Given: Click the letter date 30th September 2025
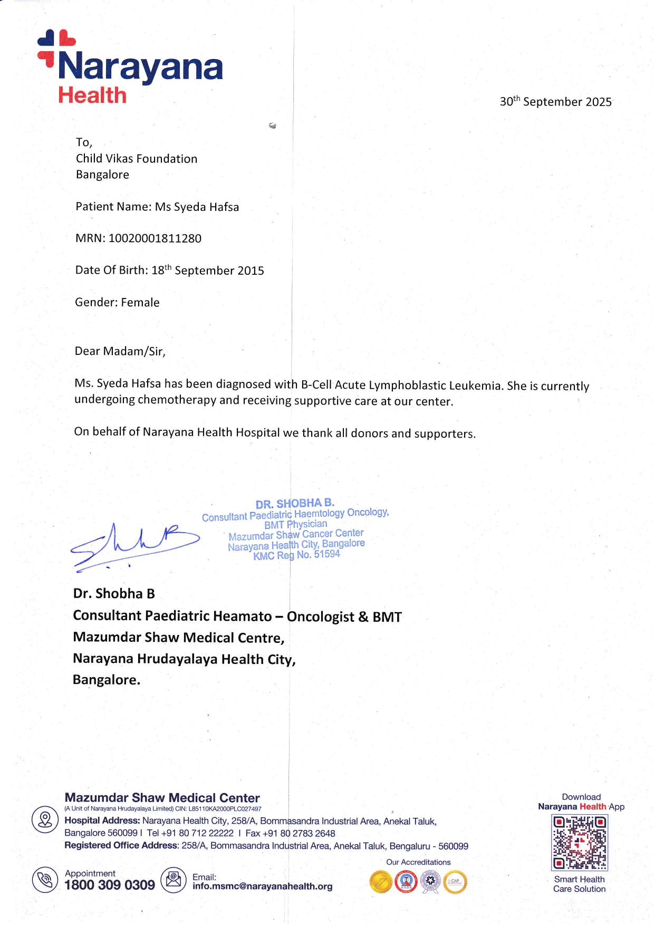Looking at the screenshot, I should (x=555, y=101).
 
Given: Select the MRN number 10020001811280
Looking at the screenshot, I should (x=155, y=238).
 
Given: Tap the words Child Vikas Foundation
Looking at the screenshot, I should (x=137, y=159).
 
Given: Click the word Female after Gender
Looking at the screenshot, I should (x=140, y=302).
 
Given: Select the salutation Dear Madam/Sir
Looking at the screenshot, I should (x=120, y=351).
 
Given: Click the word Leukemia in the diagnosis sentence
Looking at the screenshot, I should (x=475, y=386).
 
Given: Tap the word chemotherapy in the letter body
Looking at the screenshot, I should (x=177, y=400).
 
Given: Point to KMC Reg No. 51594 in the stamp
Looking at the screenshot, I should (x=296, y=555).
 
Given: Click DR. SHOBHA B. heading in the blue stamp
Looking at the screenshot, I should (x=295, y=504).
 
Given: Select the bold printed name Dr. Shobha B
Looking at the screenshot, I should (x=114, y=593).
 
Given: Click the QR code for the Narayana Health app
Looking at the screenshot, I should (x=579, y=842).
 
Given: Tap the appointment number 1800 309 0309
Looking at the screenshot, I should (x=110, y=885).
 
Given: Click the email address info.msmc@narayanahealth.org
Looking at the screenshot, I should (x=262, y=886).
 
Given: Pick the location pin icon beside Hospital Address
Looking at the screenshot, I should (x=45, y=820).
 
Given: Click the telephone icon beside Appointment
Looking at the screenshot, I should (x=45, y=880).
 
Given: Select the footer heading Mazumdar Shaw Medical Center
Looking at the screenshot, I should (x=162, y=797).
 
